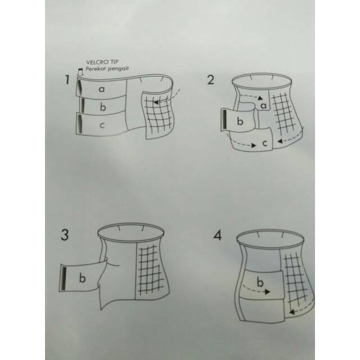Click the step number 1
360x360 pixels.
(67, 80)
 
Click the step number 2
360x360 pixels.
(210, 80)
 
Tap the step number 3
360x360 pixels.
(65, 235)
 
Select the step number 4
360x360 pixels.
(218, 235)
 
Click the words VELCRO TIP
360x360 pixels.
(102, 62)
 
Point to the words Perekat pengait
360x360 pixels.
(107, 69)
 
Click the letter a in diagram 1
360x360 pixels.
(102, 89)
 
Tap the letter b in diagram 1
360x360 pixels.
(103, 107)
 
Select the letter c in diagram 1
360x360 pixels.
(102, 125)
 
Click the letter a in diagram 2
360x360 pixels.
(264, 106)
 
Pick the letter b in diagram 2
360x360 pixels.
(240, 121)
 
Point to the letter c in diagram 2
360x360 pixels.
(265, 143)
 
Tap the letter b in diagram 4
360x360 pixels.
(260, 282)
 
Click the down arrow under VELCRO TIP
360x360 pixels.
(80, 72)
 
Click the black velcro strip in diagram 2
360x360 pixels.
(224, 120)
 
